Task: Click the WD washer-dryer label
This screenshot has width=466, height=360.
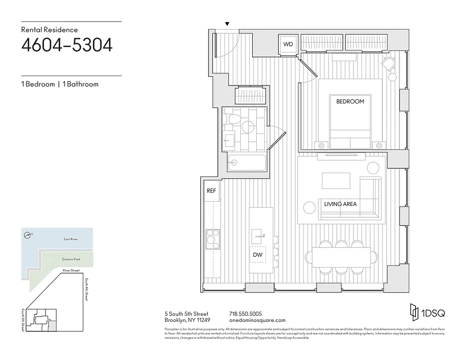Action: [288, 44]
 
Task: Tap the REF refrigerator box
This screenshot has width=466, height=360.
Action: [211, 191]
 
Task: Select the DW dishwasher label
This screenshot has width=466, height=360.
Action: [258, 255]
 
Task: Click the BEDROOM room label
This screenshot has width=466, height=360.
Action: [350, 102]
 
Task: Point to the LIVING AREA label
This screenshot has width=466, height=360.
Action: [340, 204]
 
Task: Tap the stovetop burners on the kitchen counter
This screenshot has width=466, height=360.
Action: [212, 236]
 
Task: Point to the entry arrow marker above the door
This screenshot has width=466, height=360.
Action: [227, 24]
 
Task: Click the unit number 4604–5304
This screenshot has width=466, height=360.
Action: [67, 45]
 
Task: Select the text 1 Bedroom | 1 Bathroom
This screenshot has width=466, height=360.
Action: [59, 84]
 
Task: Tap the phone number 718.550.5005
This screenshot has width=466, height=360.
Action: [245, 314]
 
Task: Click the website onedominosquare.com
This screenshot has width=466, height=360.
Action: [257, 320]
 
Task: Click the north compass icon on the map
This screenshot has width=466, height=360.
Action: [28, 234]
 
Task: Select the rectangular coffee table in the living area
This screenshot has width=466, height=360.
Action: [335, 181]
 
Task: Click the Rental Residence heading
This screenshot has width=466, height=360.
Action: [50, 30]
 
